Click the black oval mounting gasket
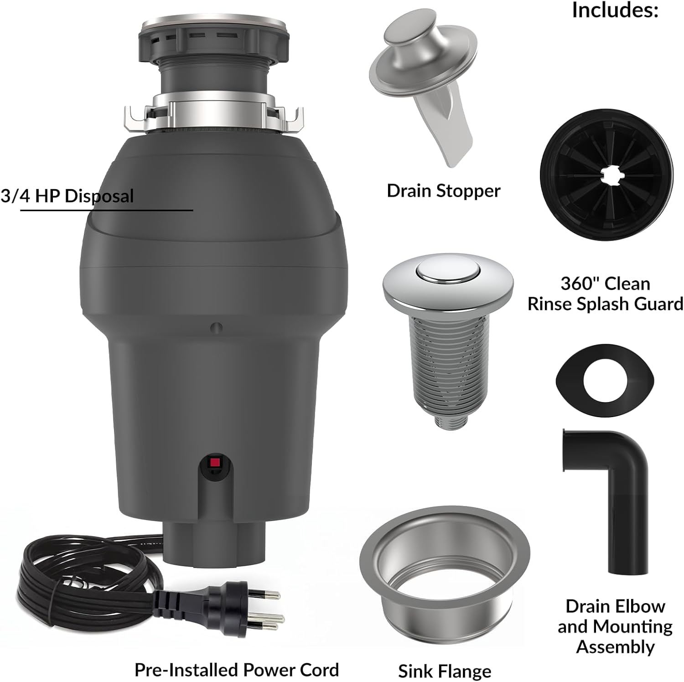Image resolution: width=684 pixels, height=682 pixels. click(605, 380)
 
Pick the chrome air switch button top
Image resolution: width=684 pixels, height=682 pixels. click(447, 273)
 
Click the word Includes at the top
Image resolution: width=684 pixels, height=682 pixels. click(615, 10)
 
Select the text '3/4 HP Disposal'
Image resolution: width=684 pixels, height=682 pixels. click(67, 196)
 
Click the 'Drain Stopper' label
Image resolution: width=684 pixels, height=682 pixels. click(443, 191)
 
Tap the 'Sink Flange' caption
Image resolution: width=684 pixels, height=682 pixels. click(445, 671)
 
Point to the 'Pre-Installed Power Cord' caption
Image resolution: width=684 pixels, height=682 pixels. click(237, 670)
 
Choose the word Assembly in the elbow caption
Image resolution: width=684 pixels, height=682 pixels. click(615, 647)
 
